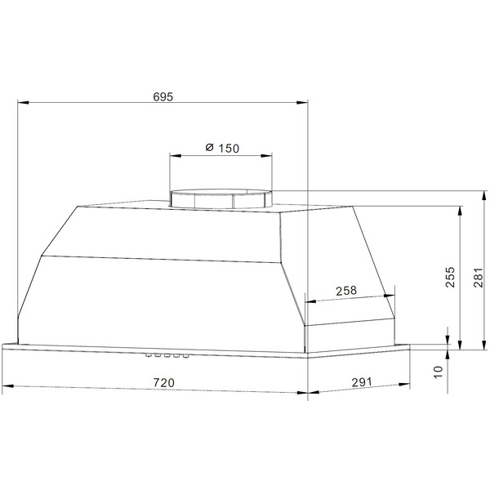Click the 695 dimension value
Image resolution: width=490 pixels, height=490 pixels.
click(x=163, y=96)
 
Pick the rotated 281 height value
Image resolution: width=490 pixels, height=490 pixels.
click(x=479, y=279)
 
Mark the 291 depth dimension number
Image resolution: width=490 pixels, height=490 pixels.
click(x=362, y=382)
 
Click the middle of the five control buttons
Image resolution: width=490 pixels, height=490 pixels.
click(x=167, y=355)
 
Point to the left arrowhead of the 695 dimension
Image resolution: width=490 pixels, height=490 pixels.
click(x=23, y=103)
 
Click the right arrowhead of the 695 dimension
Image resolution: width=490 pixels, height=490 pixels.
click(x=304, y=103)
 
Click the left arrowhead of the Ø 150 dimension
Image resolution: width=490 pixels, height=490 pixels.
click(x=174, y=155)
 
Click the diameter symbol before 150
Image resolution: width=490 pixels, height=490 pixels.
click(x=208, y=148)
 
